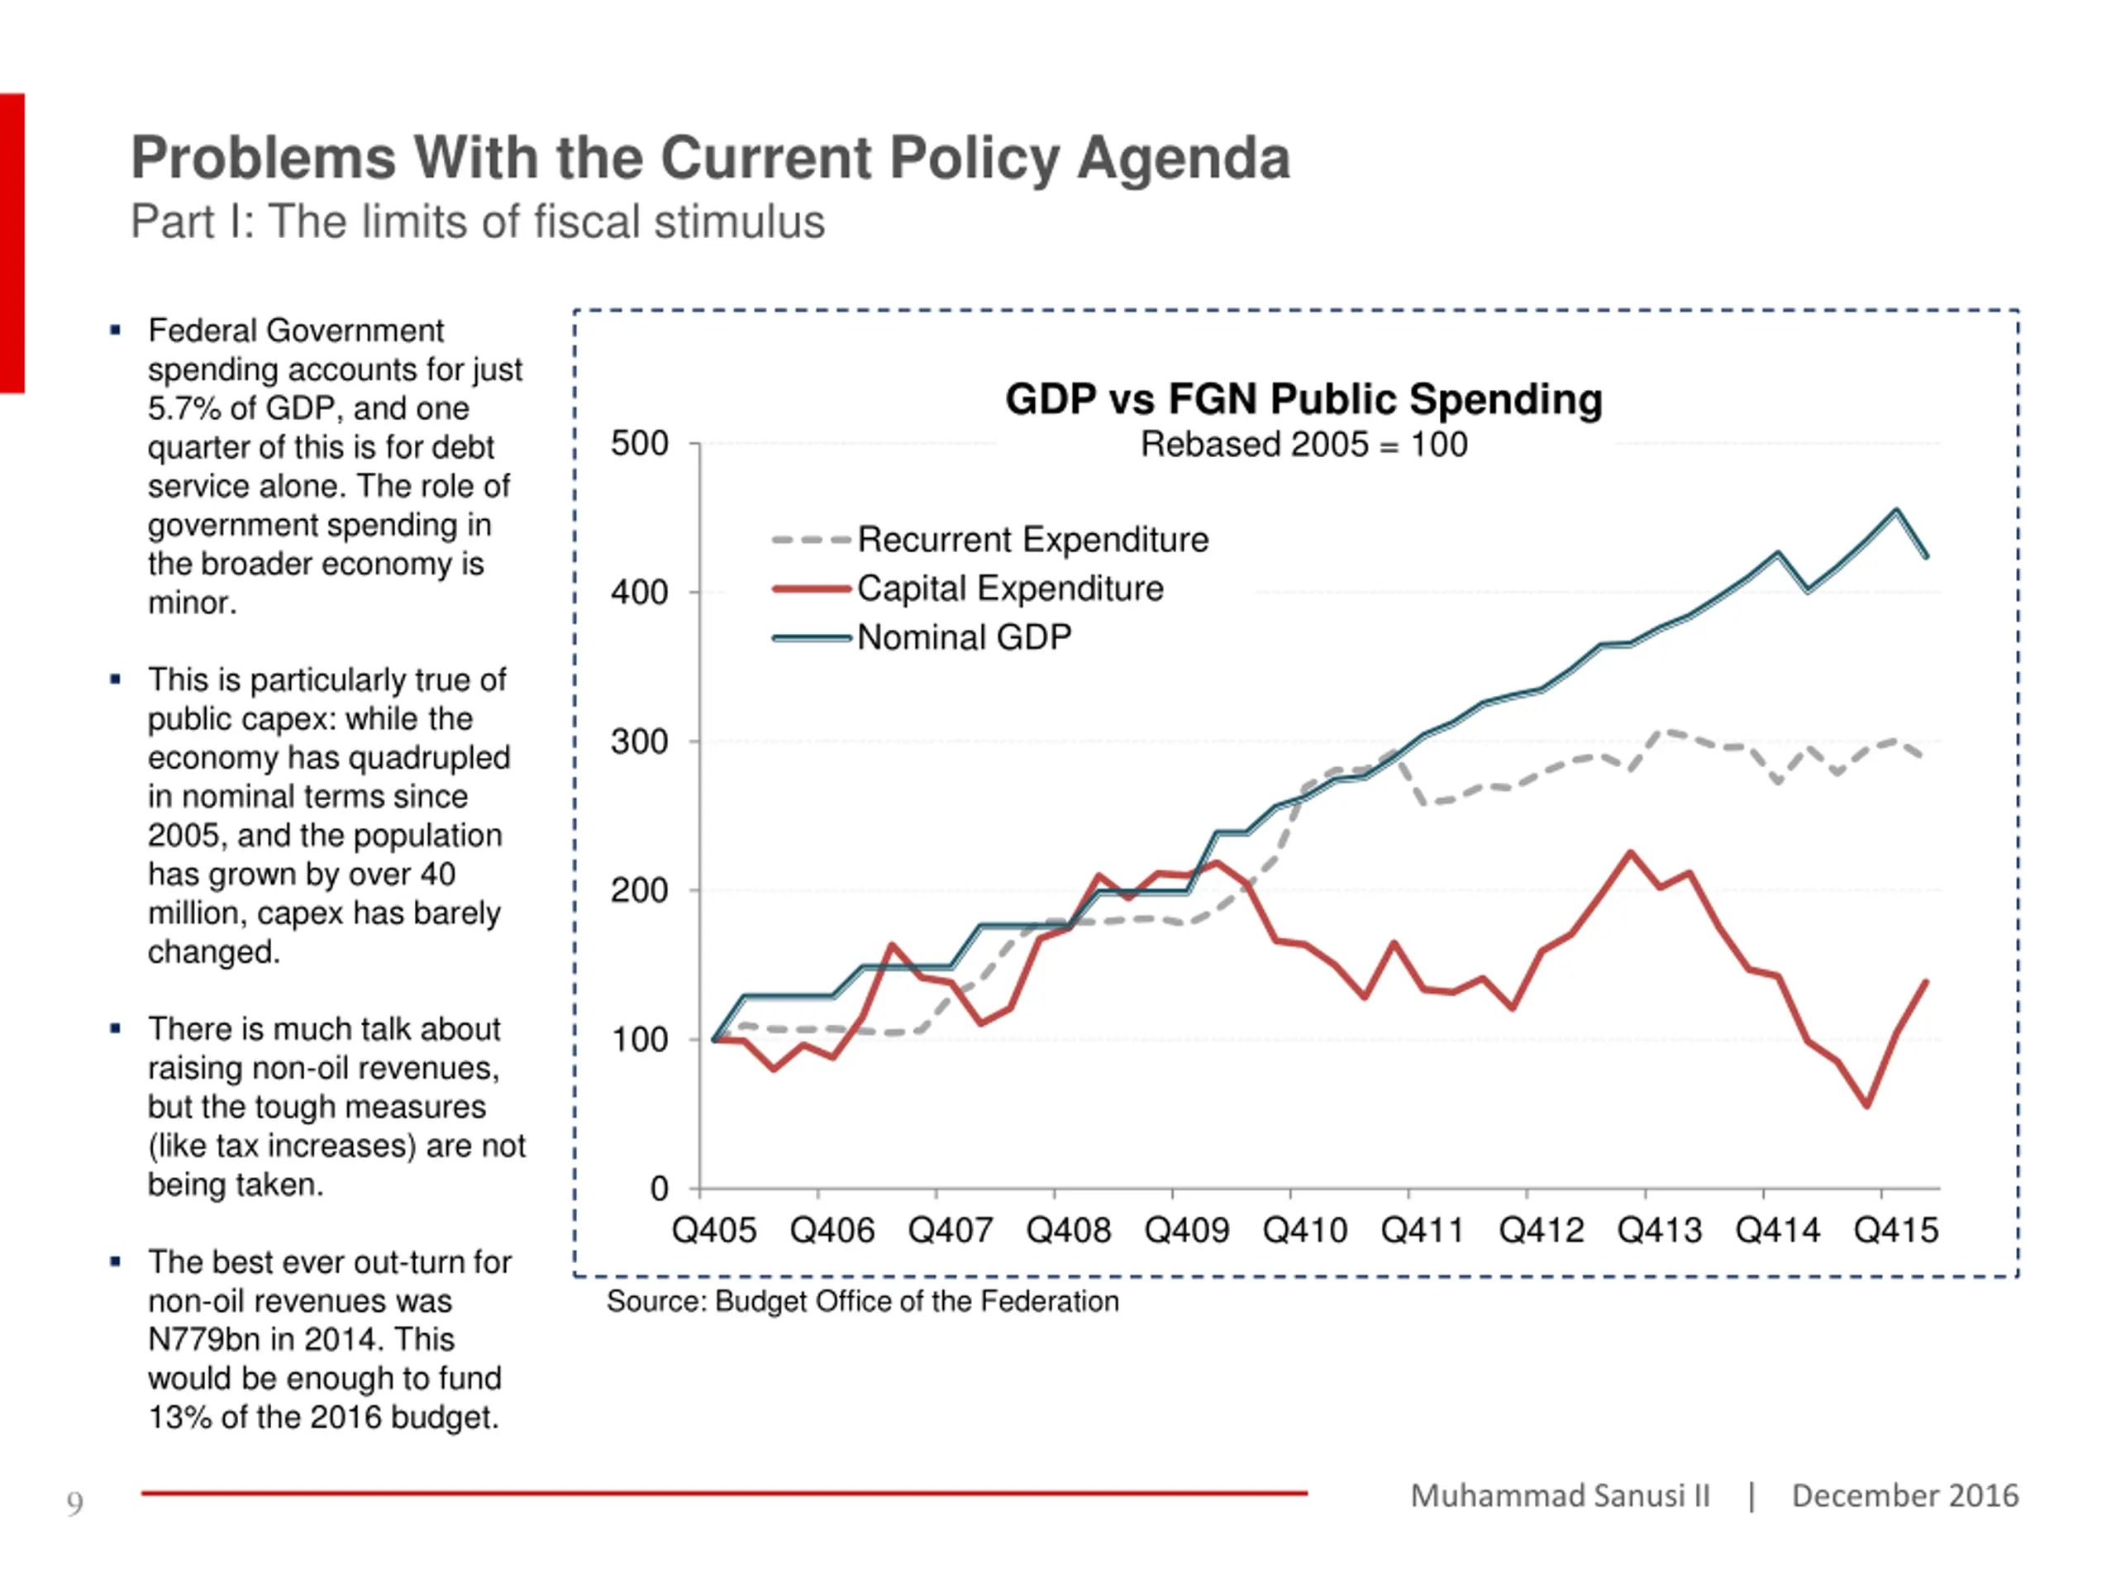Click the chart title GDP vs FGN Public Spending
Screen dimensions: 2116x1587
[1303, 399]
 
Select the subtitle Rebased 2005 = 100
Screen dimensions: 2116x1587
[1303, 445]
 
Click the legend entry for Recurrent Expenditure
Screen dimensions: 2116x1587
[990, 540]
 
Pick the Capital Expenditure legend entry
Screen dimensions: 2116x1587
[967, 589]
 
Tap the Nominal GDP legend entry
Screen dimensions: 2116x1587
[922, 637]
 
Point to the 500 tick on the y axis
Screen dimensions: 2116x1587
[640, 444]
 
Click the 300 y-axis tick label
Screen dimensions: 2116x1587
[640, 741]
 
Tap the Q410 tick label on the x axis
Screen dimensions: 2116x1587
[1305, 1230]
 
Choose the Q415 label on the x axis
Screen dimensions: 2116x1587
[1896, 1230]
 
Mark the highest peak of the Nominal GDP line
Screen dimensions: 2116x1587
[1896, 511]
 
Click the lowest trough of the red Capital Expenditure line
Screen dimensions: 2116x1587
[1866, 1106]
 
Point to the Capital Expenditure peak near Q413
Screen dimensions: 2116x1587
[1630, 852]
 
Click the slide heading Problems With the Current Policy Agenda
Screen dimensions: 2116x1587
[711, 157]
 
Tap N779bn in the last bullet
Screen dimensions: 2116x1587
[203, 1339]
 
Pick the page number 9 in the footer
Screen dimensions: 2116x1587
[74, 1504]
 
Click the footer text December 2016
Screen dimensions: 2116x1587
[1904, 1495]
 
